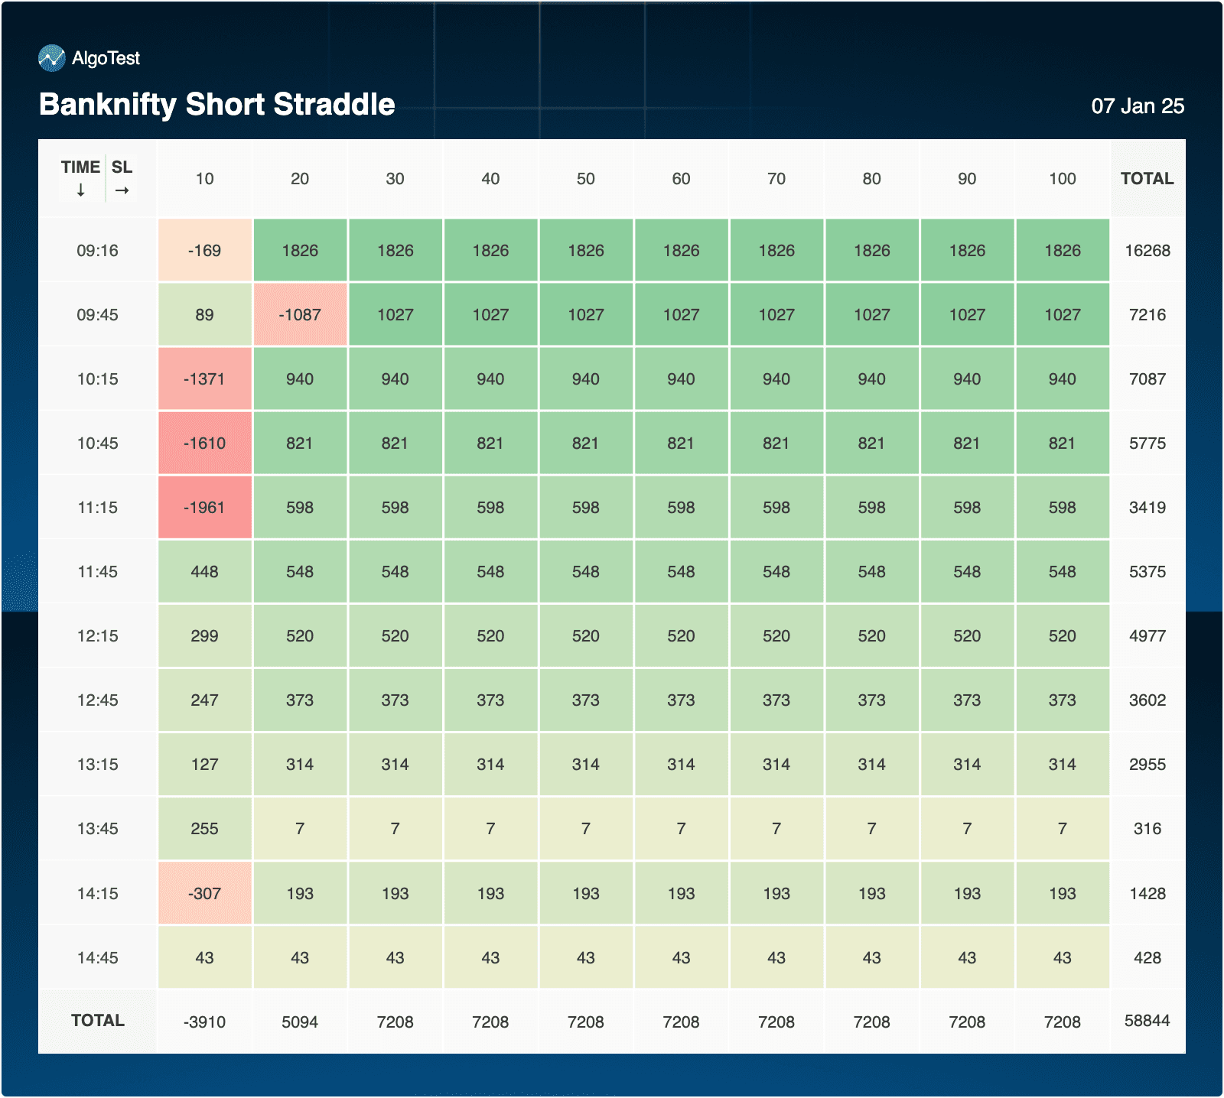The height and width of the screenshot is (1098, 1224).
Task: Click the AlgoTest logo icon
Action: (52, 58)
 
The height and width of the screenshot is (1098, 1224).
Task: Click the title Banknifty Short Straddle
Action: (217, 104)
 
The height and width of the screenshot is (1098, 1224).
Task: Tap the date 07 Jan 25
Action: (1138, 106)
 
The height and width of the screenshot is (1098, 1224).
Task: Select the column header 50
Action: (586, 179)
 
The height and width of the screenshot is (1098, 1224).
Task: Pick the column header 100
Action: (1063, 179)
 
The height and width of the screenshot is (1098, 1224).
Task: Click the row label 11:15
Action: (98, 508)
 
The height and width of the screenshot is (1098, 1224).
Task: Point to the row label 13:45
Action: (98, 829)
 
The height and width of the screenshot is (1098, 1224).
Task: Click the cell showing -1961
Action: (205, 508)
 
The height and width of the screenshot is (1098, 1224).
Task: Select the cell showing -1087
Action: (300, 315)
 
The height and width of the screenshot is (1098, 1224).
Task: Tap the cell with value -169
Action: (205, 251)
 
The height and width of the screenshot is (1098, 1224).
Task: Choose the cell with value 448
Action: (205, 572)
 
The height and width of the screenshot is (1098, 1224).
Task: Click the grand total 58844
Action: (1147, 1021)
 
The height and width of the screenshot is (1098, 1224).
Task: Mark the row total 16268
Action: (1147, 251)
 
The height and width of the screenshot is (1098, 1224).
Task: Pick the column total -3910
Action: (205, 1022)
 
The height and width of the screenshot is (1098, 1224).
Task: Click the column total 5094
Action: (300, 1022)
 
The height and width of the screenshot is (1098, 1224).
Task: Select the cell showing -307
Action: (205, 894)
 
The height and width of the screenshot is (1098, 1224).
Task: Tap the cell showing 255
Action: (205, 829)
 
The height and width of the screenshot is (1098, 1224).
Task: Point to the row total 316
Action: (1147, 829)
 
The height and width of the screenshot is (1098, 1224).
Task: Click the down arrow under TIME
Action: (81, 190)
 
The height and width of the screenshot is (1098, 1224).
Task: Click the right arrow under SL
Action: (122, 190)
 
